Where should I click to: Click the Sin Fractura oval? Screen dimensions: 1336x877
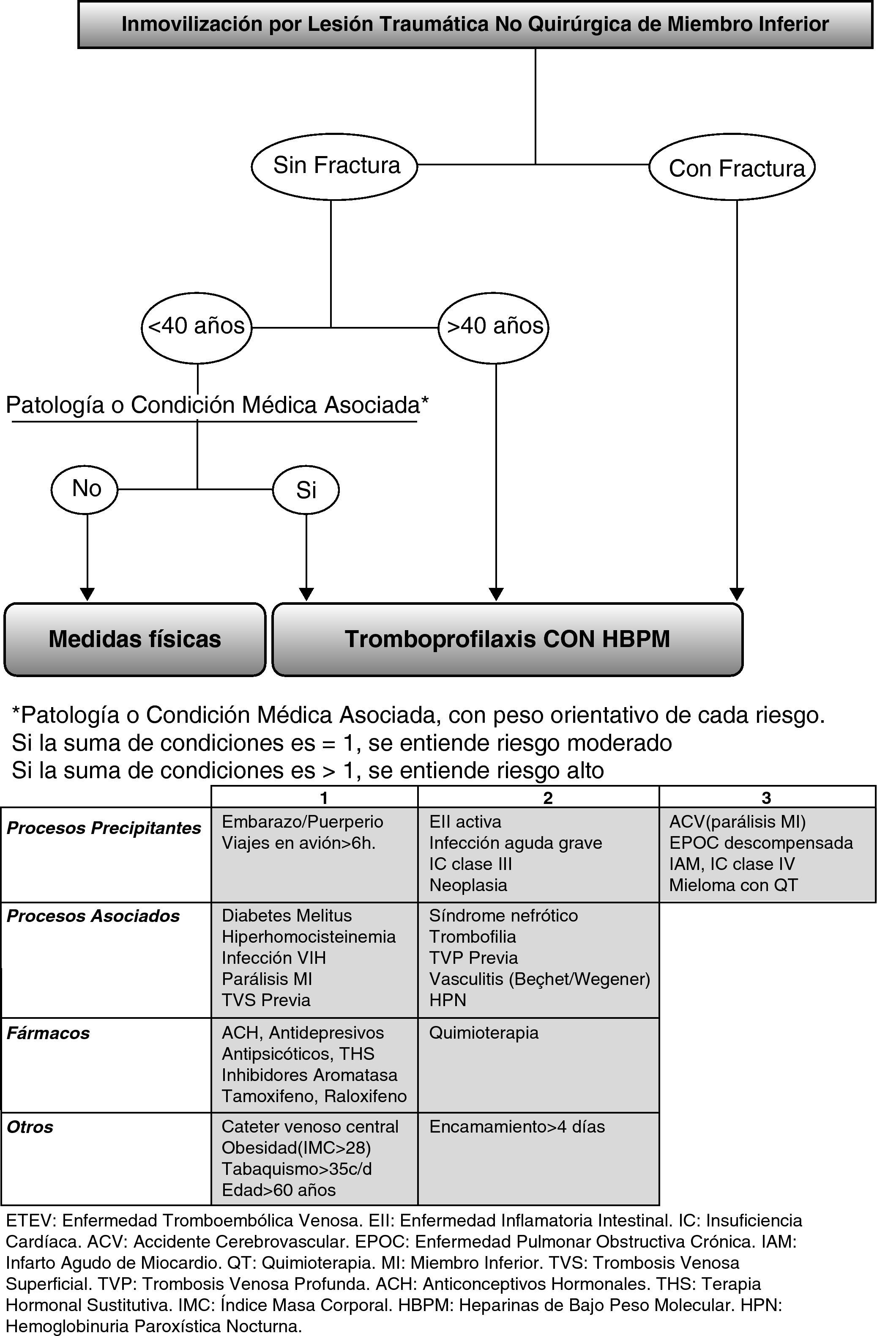334,166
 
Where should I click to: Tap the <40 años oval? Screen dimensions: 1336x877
197,326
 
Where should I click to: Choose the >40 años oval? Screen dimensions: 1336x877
493,326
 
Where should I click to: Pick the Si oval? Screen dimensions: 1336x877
306,490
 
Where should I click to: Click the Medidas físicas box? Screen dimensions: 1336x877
135,639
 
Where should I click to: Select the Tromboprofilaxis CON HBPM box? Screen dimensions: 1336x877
507,639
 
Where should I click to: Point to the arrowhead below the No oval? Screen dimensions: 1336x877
87,593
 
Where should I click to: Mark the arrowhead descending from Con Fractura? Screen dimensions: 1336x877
737,593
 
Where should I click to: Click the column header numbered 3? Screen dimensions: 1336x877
766,797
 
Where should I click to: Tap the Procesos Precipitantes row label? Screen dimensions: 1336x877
104,828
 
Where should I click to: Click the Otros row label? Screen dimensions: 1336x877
30,1127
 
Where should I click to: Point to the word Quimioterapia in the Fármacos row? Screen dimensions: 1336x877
484,1033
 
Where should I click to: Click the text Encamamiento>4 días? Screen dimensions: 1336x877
517,1127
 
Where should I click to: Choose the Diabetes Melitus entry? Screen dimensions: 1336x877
287,916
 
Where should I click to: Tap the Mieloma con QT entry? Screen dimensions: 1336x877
733,885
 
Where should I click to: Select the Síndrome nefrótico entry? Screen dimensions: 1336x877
503,916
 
